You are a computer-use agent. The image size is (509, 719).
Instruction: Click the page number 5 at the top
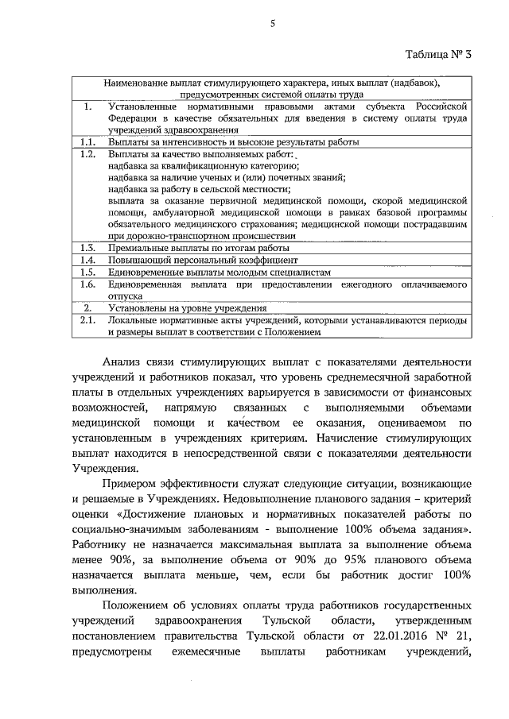[272, 23]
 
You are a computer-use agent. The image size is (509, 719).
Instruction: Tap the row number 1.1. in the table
[89, 142]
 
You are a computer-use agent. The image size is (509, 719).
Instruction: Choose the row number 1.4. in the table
[89, 260]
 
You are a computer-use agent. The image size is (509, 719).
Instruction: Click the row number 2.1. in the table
[89, 320]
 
